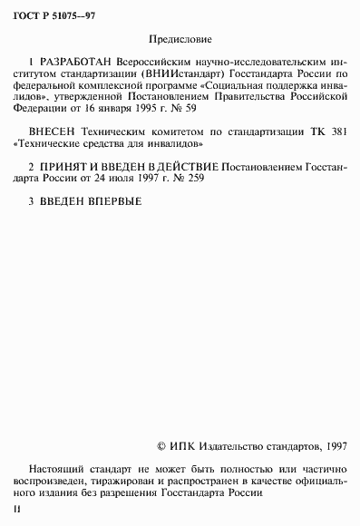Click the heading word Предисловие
click(180, 40)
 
